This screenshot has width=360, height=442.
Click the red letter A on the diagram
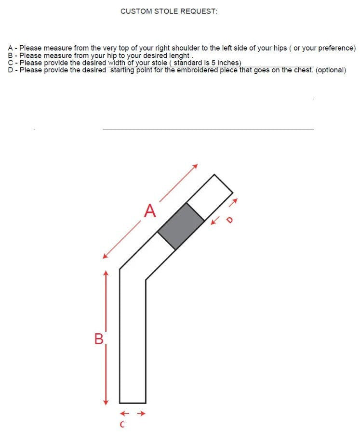(151, 211)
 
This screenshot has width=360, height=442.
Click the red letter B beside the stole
(99, 339)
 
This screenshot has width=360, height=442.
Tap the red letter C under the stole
(122, 425)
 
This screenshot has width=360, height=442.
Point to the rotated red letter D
(229, 219)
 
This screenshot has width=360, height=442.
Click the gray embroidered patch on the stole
(181, 226)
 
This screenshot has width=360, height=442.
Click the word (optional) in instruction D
(331, 70)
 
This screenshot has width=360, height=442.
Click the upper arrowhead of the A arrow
(195, 166)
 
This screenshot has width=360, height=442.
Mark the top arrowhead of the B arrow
(106, 273)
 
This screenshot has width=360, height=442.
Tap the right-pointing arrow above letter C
(142, 413)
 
